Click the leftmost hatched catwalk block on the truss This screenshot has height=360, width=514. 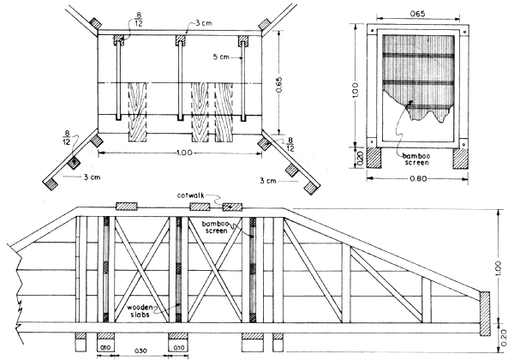coord(127,207)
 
